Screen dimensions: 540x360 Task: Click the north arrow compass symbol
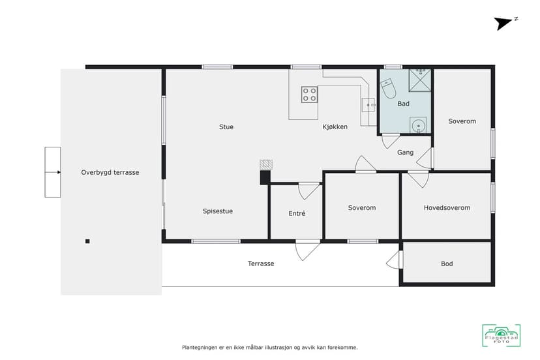505,23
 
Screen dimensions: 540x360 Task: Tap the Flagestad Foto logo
501,335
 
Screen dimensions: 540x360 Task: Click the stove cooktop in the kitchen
309,95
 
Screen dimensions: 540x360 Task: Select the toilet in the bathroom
389,88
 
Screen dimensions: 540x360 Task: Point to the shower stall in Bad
420,80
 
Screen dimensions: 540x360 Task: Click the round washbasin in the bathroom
418,125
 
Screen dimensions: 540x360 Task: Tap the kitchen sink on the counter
369,105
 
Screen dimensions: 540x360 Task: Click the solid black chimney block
265,178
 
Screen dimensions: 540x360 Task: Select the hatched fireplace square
266,164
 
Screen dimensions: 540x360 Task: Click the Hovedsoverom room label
447,208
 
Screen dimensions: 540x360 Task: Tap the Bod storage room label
447,263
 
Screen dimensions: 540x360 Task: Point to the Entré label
297,213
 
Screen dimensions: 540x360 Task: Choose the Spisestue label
218,211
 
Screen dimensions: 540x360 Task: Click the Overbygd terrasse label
110,172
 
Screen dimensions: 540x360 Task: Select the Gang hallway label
406,152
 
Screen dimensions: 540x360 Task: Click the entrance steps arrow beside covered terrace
53,172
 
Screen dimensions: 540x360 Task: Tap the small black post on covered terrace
87,241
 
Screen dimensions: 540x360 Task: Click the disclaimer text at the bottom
269,348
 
